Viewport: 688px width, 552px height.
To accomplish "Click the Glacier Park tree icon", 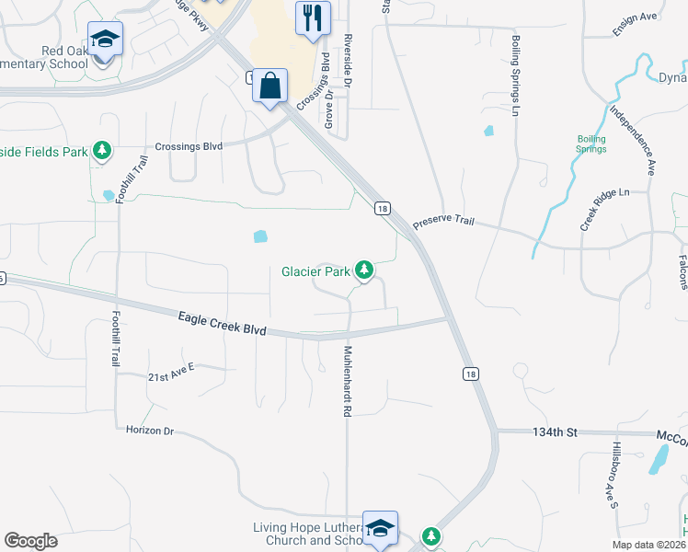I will coord(365,270).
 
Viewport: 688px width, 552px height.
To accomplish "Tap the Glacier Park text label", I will coord(315,271).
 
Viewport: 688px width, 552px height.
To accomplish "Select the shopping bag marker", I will coord(269,86).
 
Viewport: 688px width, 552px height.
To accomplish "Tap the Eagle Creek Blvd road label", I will coord(222,323).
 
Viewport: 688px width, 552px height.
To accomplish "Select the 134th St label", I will coord(553,431).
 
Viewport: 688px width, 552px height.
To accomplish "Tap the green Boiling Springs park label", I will coord(591,144).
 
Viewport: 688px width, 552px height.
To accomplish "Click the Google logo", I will coord(31,541).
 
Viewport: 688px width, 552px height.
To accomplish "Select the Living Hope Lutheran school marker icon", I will coord(379,529).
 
